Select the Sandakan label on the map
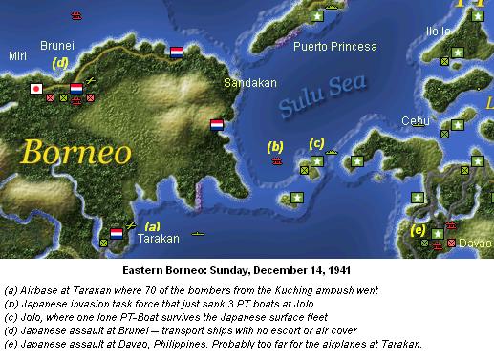click(x=243, y=83)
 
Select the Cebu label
click(x=414, y=120)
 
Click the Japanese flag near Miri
click(x=36, y=89)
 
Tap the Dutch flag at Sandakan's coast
click(x=216, y=124)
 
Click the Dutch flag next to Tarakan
click(x=117, y=232)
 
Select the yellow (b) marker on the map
click(x=276, y=146)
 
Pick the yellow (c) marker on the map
click(x=316, y=143)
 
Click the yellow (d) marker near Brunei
click(x=60, y=63)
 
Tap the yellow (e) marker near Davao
click(x=418, y=229)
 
